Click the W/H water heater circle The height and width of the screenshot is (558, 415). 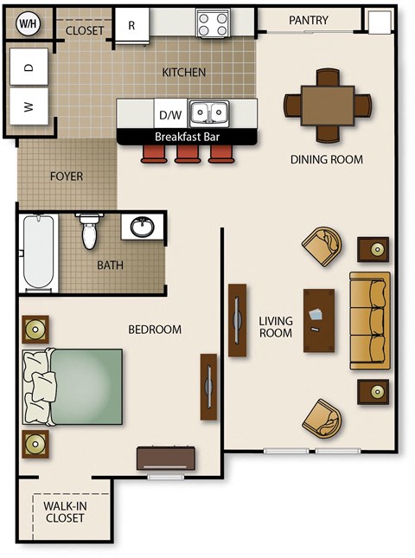pos(28,22)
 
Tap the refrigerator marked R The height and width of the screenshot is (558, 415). pos(131,24)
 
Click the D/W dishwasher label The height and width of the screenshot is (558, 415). pos(169,113)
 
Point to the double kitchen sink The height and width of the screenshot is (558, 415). pos(208,112)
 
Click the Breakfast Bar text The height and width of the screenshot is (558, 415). pos(187,137)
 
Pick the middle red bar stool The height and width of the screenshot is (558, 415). pos(187,154)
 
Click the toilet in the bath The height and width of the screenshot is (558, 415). pos(89,231)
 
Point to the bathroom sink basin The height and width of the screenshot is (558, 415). pos(142,228)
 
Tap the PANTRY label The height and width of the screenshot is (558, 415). pos(308,20)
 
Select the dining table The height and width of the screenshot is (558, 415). pos(328,104)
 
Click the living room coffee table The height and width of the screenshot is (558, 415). pos(319,319)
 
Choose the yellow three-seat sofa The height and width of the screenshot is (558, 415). pos(370,319)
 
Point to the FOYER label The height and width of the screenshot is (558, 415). pos(67,176)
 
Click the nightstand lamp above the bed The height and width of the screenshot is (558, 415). pos(35,329)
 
